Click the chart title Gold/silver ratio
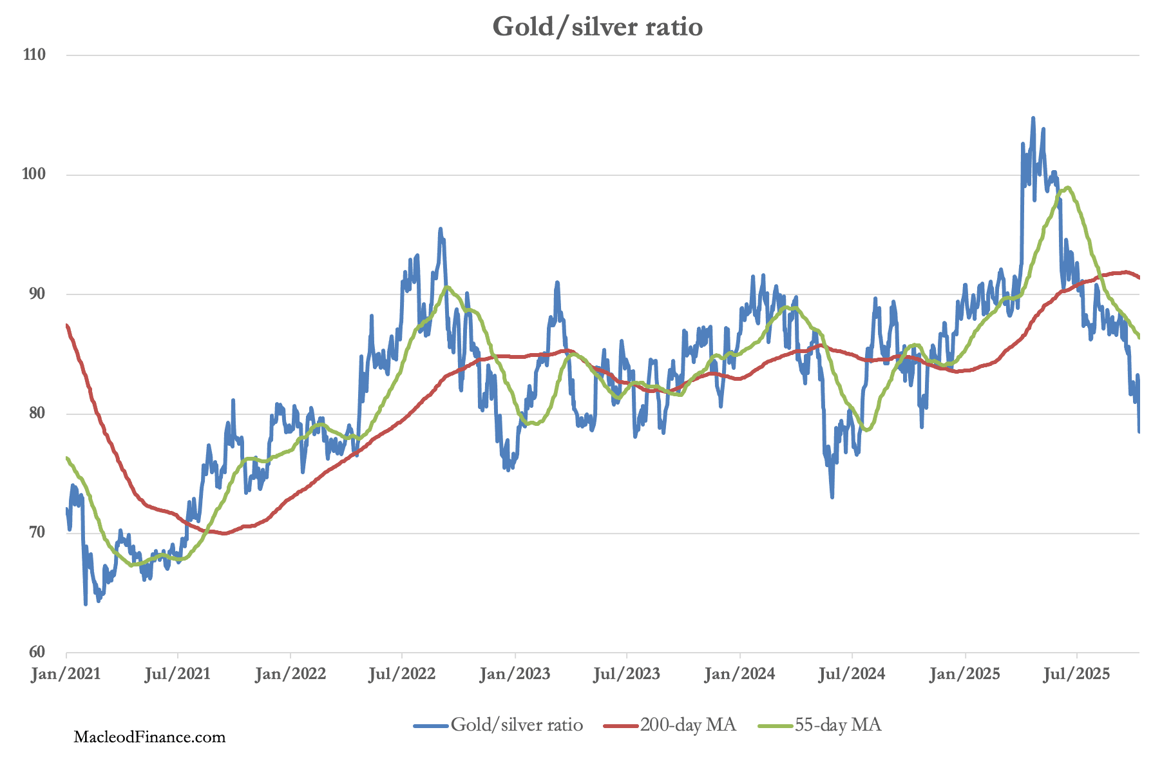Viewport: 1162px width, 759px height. pos(597,27)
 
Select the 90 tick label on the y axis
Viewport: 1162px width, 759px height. pos(35,294)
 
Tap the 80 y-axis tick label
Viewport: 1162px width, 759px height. pos(35,413)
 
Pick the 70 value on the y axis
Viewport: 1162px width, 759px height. pos(35,533)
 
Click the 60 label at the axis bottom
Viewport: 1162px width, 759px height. pos(35,652)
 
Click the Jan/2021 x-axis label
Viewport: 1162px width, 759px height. pos(66,675)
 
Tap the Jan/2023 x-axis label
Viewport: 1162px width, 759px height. pos(515,675)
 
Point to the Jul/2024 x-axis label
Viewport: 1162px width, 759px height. pos(852,675)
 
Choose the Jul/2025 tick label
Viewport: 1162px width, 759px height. pos(1077,675)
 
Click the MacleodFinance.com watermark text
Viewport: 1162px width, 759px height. pos(149,737)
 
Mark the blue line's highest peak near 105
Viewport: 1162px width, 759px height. pos(1033,119)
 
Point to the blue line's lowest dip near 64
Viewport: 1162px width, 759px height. pos(85,604)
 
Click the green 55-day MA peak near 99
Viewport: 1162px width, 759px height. pos(1068,187)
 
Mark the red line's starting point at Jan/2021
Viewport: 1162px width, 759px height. pos(67,325)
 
